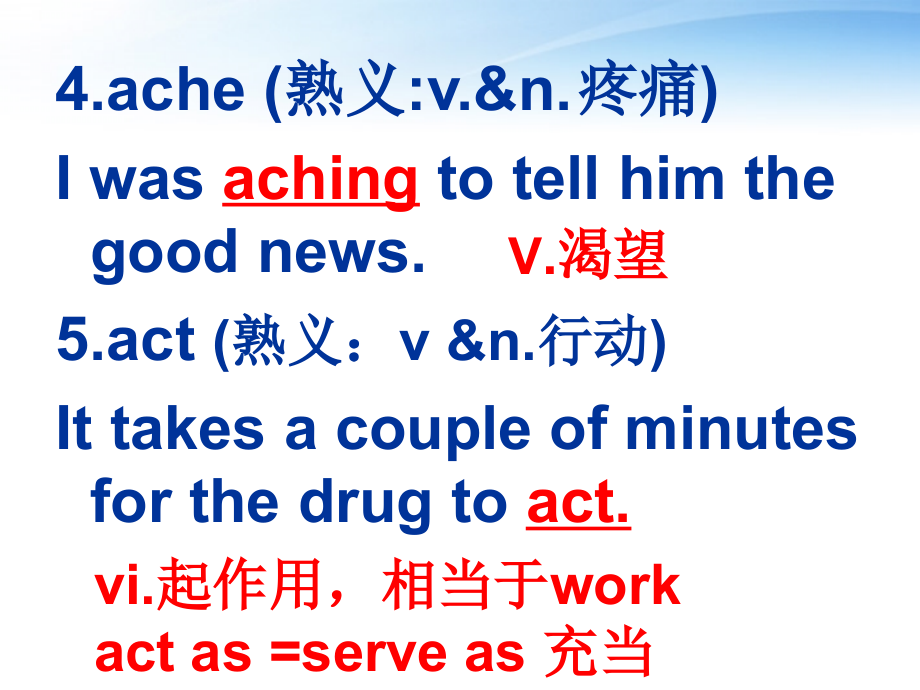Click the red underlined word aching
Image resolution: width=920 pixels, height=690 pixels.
pos(320,180)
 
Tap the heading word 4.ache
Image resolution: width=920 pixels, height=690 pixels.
pos(150,91)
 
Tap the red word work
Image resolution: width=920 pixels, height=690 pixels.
pos(615,586)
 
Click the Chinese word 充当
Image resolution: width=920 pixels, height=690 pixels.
pos(600,653)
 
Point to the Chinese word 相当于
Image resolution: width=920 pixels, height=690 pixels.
pos(465,586)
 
